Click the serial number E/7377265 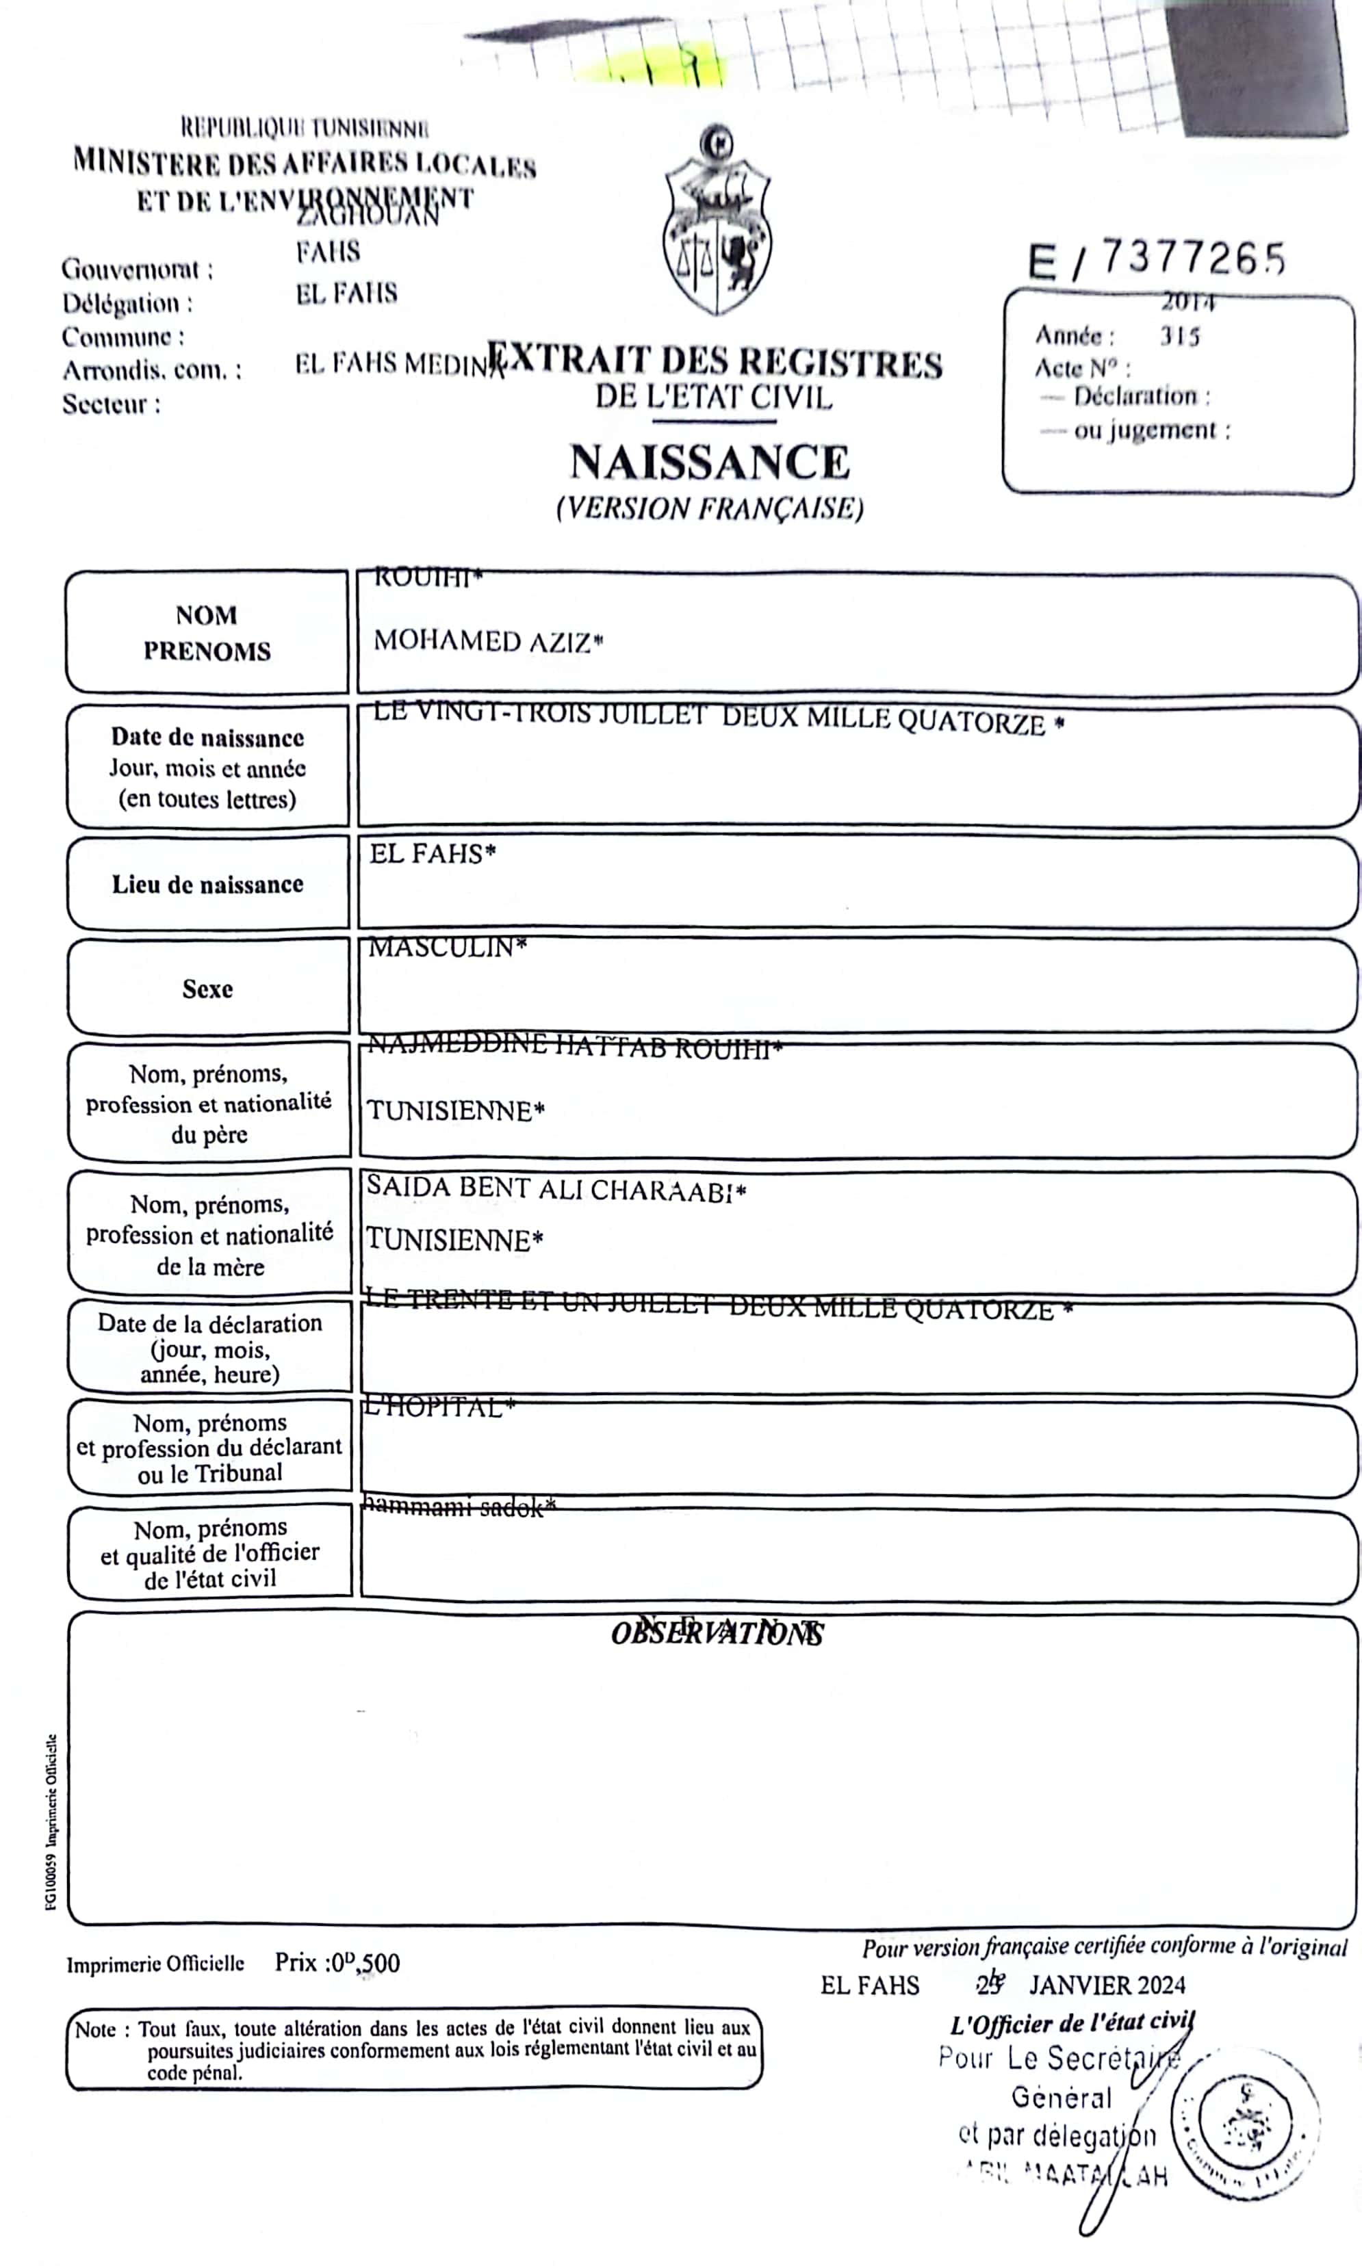pyautogui.click(x=1157, y=259)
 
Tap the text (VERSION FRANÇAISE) pyautogui.click(x=710, y=508)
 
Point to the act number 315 pyautogui.click(x=1179, y=336)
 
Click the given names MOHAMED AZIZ pyautogui.click(x=487, y=641)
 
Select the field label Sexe pyautogui.click(x=207, y=989)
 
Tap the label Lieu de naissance pyautogui.click(x=207, y=885)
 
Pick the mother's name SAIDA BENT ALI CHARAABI pyautogui.click(x=555, y=1189)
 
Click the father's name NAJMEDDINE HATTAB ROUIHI pyautogui.click(x=574, y=1047)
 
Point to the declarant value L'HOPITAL pyautogui.click(x=439, y=1407)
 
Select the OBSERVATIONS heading pyautogui.click(x=717, y=1634)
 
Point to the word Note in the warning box pyautogui.click(x=95, y=2030)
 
